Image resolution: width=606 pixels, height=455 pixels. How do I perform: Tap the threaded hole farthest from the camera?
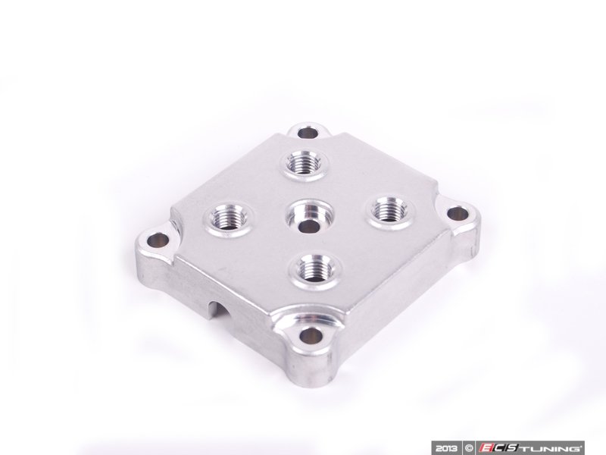coord(305,165)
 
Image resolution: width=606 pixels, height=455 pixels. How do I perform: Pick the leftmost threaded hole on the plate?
coord(228,218)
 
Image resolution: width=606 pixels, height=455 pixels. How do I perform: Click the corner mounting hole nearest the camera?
coord(311,336)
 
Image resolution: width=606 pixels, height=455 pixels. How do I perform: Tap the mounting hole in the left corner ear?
coord(159,241)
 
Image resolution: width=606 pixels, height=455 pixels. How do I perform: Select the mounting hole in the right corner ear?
coord(458,214)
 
